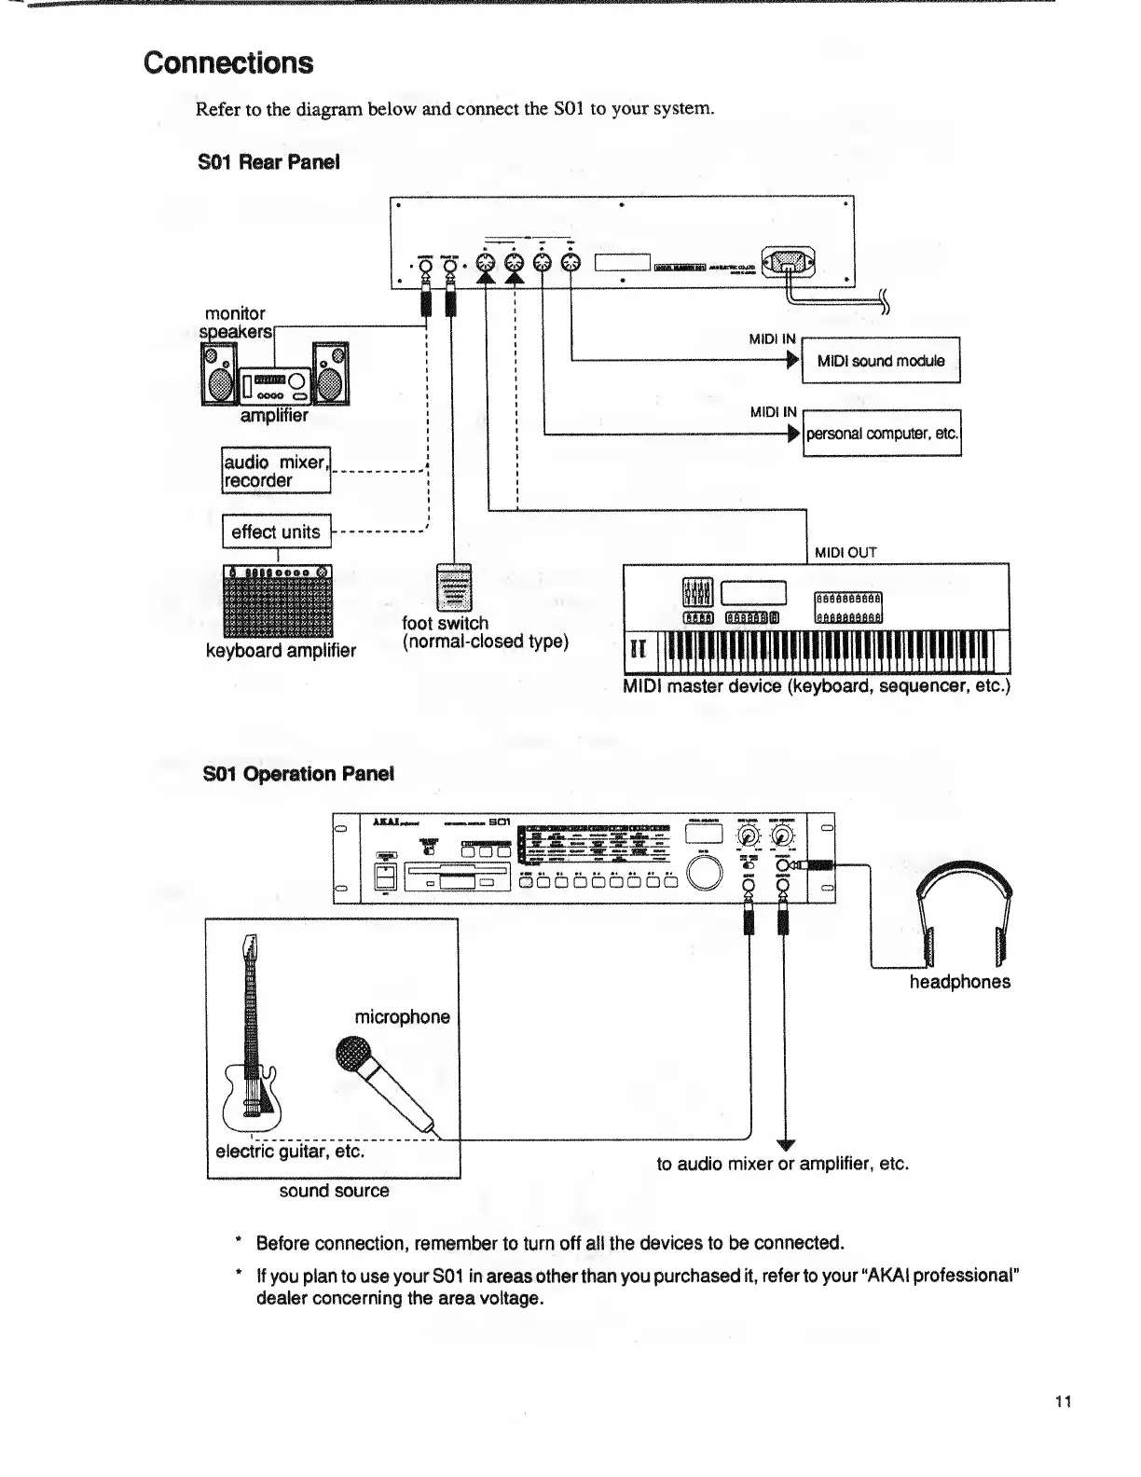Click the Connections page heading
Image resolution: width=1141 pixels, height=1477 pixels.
click(228, 63)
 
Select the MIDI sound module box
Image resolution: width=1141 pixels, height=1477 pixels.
click(881, 361)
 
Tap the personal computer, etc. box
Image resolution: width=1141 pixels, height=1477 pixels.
click(882, 434)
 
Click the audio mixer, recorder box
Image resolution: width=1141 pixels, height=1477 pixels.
click(276, 471)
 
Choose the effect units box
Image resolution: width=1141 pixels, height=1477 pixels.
click(276, 531)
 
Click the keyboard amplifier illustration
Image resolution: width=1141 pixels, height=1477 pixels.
click(278, 601)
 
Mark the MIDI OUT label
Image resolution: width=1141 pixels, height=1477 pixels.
click(845, 552)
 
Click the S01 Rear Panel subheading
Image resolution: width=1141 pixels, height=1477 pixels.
click(268, 161)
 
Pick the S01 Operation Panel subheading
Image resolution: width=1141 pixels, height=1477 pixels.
click(298, 774)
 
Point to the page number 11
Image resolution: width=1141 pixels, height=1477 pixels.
click(1064, 1401)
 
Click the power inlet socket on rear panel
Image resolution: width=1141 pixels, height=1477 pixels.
click(789, 261)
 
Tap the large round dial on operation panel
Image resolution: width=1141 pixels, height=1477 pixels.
click(706, 871)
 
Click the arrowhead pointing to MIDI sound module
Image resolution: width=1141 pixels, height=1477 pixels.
click(794, 361)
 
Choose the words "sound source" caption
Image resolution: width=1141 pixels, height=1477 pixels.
click(334, 1191)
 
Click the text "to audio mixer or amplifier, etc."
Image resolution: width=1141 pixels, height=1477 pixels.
click(782, 1164)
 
